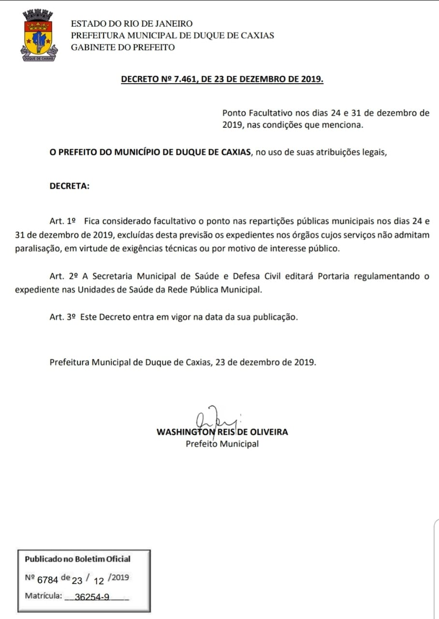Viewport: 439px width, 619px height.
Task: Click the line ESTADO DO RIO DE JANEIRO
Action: (132, 24)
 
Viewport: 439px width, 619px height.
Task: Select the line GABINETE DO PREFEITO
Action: (123, 47)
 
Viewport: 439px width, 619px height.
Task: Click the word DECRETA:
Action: (69, 186)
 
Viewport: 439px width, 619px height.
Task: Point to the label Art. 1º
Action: (63, 221)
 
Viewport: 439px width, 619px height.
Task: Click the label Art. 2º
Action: (64, 277)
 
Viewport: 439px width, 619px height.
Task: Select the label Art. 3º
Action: (63, 317)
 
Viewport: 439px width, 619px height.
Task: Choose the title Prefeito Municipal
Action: (222, 444)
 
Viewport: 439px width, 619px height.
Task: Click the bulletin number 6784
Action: (47, 578)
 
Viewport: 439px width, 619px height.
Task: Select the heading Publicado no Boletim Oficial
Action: (77, 559)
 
